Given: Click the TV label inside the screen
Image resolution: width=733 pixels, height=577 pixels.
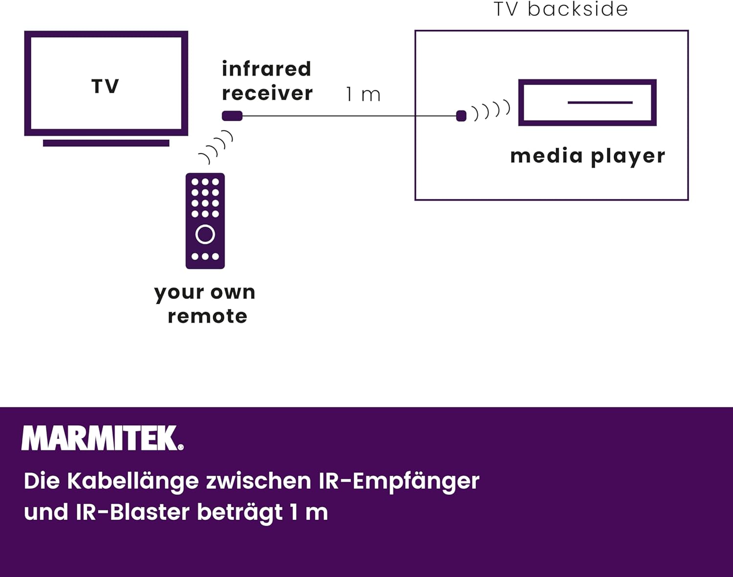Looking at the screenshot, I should [x=105, y=86].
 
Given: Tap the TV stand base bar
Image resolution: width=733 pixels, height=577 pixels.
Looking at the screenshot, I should [x=106, y=143].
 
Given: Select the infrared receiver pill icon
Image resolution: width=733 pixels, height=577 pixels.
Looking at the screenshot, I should [x=232, y=116].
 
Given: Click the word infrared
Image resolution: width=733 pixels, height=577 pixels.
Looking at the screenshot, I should [x=266, y=69].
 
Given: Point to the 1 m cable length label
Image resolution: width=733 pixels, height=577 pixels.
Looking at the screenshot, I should [x=363, y=94].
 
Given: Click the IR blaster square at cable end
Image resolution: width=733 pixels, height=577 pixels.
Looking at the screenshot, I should [x=461, y=116].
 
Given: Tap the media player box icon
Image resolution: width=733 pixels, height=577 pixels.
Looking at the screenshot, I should [x=587, y=103].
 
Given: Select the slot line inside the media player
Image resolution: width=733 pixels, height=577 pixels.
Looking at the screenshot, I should [x=600, y=103].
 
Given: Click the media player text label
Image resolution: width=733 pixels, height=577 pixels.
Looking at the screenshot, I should [x=587, y=156].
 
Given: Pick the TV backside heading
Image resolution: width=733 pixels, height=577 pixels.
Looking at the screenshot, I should [x=561, y=9].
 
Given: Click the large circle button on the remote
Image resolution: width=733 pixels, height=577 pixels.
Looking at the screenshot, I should [x=205, y=235].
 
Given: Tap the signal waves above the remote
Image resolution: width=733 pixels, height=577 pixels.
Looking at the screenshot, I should [x=216, y=147].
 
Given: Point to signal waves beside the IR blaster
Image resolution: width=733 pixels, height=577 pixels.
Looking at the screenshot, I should [x=491, y=110].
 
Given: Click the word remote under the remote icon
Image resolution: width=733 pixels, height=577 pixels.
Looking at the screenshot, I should [x=207, y=316].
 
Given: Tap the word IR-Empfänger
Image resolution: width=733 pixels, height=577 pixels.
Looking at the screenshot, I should [x=399, y=481].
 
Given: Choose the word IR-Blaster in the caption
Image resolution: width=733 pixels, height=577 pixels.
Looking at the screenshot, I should [x=132, y=512].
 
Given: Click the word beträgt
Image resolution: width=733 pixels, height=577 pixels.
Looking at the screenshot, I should [x=239, y=513].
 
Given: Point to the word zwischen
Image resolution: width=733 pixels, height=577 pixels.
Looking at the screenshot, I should [x=259, y=481].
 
